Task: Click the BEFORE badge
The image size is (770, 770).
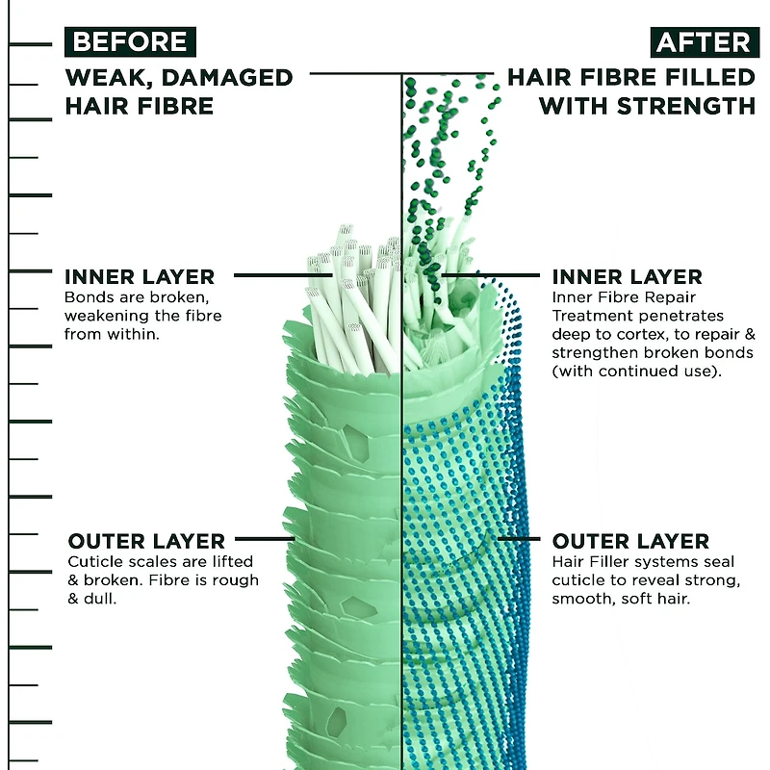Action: (x=130, y=41)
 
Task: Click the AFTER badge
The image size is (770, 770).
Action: (x=705, y=42)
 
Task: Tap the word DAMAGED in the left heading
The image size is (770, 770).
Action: (x=227, y=78)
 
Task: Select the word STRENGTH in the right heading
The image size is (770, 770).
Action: (x=685, y=106)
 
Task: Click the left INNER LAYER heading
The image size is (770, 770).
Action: (x=140, y=277)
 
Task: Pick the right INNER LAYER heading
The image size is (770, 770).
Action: (x=628, y=277)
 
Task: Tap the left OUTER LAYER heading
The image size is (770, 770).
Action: (x=146, y=541)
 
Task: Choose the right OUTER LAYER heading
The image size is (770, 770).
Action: (x=630, y=541)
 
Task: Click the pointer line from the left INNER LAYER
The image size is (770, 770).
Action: (x=283, y=275)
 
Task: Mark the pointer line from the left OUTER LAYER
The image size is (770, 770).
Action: (x=266, y=539)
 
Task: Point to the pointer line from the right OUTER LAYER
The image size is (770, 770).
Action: (x=519, y=539)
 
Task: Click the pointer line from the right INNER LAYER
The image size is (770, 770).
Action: (x=491, y=275)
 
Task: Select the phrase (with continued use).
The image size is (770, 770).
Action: (x=637, y=372)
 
